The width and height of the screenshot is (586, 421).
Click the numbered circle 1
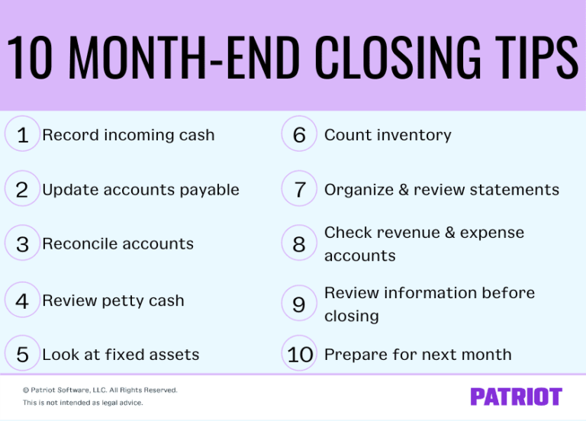(22, 135)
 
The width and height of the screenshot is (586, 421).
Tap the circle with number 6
(299, 135)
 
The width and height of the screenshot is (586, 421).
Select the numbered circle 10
(301, 355)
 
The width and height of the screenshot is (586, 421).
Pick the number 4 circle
(22, 300)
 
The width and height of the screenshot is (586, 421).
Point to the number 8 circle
(299, 244)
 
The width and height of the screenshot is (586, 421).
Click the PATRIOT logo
(516, 397)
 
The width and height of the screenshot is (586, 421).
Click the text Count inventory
(388, 135)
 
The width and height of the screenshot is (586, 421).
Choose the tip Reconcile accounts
(118, 244)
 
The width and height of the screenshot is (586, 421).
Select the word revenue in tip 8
(405, 233)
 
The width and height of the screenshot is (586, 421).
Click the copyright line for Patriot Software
(100, 390)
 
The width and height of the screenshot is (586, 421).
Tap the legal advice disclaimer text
(82, 403)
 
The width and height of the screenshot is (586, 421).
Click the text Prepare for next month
(417, 355)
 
